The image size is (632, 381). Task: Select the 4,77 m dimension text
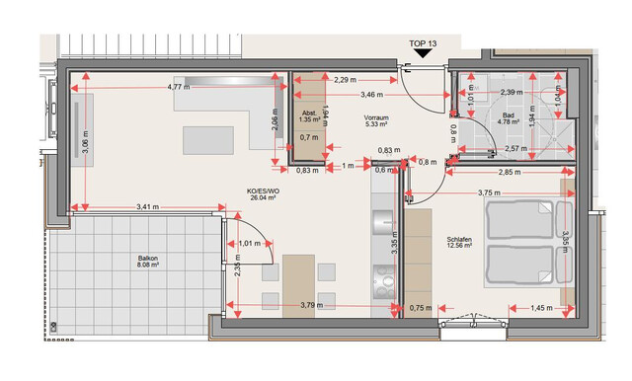tap(179, 87)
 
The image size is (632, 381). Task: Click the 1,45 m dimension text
tap(541, 308)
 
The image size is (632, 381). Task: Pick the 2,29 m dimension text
tap(346, 79)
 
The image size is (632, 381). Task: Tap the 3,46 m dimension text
tap(374, 95)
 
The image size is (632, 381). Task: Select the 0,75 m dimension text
tap(421, 308)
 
